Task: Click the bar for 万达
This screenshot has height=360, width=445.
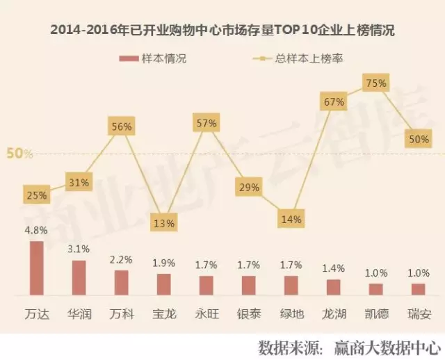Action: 36,268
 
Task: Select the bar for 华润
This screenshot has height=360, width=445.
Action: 79,278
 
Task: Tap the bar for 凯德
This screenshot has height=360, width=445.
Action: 375,289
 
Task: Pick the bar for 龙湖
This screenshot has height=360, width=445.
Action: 333,287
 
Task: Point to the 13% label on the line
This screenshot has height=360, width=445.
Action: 163,224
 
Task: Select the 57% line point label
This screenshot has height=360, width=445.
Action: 206,123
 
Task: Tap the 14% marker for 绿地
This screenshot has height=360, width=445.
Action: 291,220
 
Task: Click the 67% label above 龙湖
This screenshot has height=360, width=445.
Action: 333,102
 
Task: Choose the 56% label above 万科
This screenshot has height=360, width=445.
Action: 121,126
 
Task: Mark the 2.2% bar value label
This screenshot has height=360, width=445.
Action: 121,260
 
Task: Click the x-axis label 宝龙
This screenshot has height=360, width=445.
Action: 163,313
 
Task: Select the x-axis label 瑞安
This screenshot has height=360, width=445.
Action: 418,313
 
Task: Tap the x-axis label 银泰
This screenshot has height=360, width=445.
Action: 248,313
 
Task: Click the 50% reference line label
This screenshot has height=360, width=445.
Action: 19,154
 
